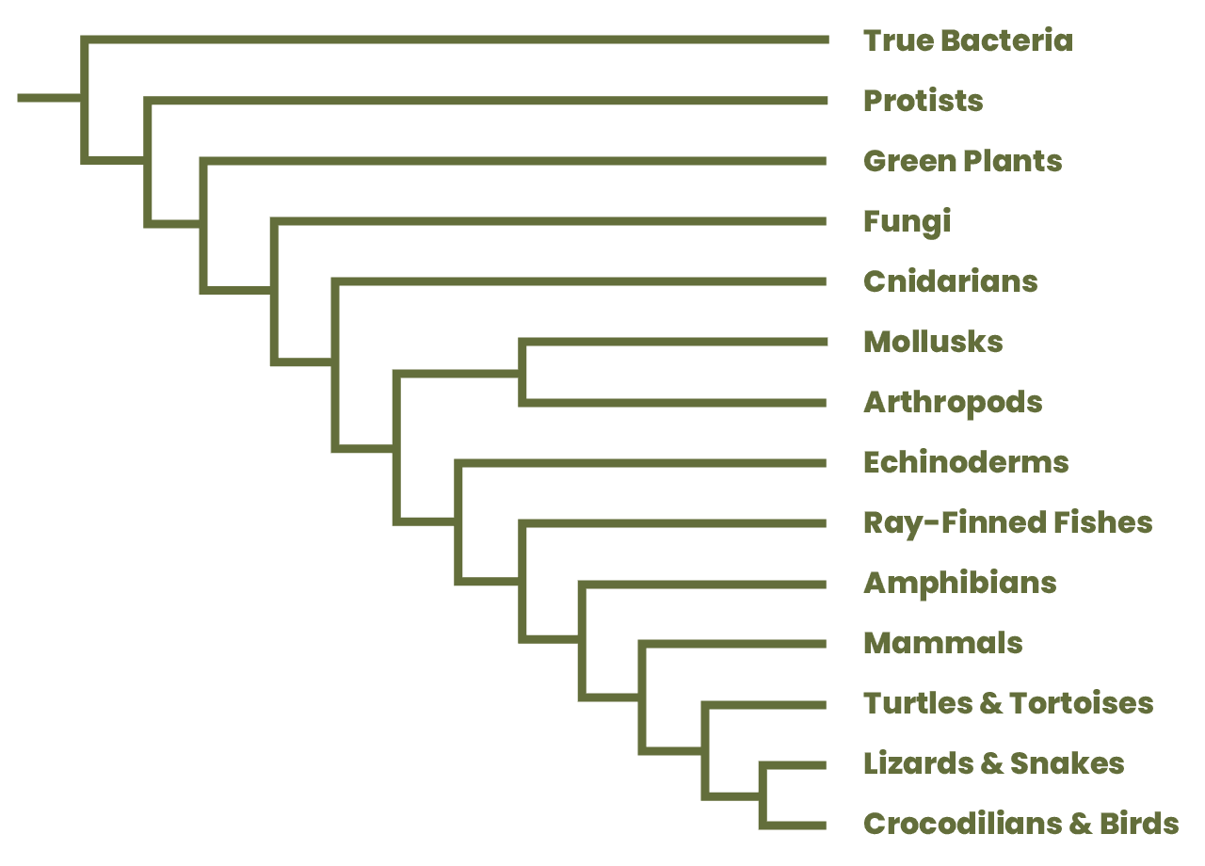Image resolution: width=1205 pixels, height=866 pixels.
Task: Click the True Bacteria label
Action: coord(968,40)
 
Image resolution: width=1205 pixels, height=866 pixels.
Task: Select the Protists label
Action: coord(923,101)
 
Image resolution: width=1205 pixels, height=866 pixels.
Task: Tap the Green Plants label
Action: coord(961,161)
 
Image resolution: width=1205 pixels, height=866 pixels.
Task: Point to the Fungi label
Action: coord(907,221)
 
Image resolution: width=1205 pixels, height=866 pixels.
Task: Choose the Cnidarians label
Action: coord(949,281)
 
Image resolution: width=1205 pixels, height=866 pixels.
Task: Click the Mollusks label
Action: coord(932,342)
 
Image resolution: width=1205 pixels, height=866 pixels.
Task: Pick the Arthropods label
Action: coord(952,402)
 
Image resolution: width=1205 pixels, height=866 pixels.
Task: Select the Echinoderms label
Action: coord(965,462)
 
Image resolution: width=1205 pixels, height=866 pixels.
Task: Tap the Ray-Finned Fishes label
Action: coord(1006,522)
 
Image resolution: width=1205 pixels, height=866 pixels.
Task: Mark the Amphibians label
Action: coord(959,583)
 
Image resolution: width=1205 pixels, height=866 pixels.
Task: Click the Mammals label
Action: coord(941,643)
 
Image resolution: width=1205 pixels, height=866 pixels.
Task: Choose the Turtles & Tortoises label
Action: coord(1007,703)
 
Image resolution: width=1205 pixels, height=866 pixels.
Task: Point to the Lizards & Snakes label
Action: coord(993,763)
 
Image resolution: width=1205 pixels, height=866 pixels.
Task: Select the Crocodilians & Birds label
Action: coord(1020,824)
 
